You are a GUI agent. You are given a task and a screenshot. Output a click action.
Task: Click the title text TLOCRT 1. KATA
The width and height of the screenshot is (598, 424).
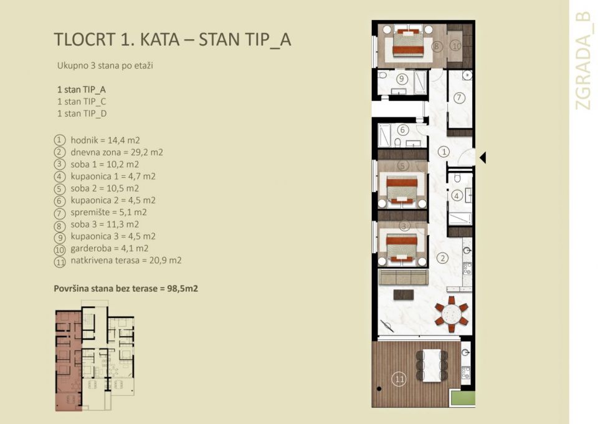click(125, 39)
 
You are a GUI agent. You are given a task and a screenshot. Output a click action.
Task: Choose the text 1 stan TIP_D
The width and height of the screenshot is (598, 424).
click(82, 113)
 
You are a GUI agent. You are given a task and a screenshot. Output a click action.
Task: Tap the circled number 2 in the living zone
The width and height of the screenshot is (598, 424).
click(442, 258)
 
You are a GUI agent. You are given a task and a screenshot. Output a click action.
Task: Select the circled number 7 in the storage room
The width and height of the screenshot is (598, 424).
click(459, 98)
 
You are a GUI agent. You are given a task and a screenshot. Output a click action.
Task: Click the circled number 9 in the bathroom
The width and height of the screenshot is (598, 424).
click(402, 79)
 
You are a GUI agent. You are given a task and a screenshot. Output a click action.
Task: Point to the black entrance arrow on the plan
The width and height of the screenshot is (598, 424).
click(482, 158)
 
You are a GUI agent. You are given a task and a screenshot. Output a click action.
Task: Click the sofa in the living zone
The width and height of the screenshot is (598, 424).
click(402, 277)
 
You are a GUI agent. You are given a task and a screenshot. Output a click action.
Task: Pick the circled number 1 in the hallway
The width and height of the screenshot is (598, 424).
click(444, 152)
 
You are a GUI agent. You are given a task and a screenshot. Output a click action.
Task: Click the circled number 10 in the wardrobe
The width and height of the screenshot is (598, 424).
click(455, 46)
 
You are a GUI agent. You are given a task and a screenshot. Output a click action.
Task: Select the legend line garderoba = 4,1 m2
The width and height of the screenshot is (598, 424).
click(109, 248)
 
